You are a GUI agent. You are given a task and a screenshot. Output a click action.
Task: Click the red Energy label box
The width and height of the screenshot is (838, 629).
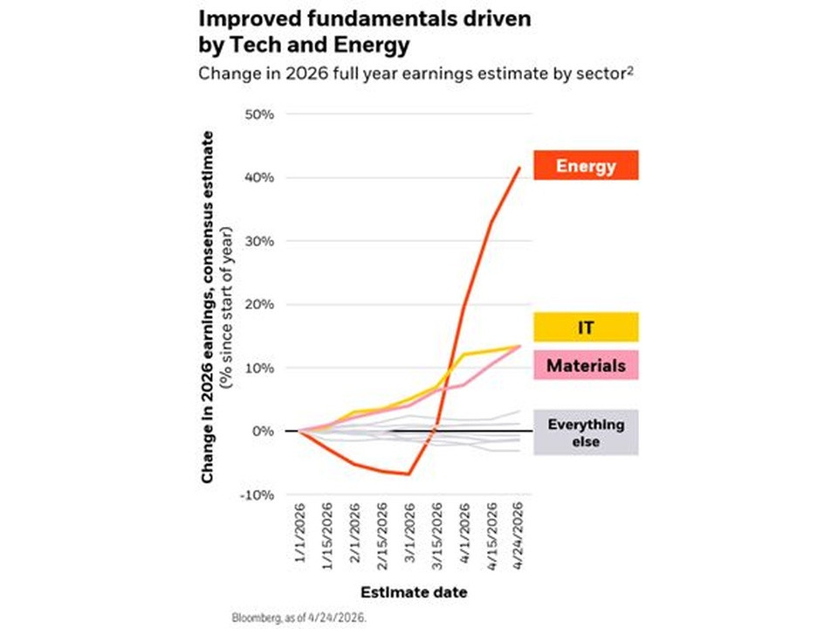click(x=586, y=165)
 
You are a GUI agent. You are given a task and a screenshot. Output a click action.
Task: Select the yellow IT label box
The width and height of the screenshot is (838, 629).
click(x=586, y=327)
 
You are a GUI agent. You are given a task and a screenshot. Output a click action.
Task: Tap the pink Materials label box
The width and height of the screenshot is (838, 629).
click(x=586, y=365)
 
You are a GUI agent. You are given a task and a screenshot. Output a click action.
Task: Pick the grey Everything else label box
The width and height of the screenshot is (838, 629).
click(x=586, y=432)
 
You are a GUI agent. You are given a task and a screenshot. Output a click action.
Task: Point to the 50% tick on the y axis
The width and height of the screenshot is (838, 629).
click(x=259, y=114)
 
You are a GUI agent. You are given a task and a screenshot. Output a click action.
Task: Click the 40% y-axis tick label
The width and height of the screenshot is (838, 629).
click(x=259, y=177)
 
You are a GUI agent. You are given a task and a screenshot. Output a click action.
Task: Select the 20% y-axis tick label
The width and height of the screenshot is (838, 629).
click(x=259, y=304)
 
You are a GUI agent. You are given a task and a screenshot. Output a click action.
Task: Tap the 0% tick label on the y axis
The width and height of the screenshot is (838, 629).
click(x=263, y=431)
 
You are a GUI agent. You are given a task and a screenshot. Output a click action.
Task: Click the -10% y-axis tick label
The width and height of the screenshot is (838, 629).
click(x=257, y=494)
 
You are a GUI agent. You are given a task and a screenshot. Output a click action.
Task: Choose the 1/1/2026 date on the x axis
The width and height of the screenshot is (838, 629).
click(x=299, y=532)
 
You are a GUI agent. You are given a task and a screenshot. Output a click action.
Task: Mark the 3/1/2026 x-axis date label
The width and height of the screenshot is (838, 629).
click(x=409, y=532)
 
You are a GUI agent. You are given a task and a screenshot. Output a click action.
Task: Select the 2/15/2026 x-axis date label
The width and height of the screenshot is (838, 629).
click(x=382, y=536)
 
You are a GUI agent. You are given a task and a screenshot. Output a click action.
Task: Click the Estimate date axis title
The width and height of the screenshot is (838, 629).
click(x=414, y=592)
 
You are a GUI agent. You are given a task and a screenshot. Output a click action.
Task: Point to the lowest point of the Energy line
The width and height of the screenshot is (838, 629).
click(x=409, y=473)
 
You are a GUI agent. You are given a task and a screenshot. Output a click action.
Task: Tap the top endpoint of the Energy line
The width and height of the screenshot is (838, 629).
click(x=519, y=168)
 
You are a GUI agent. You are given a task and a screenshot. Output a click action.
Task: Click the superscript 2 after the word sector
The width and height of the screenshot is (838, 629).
click(x=630, y=70)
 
